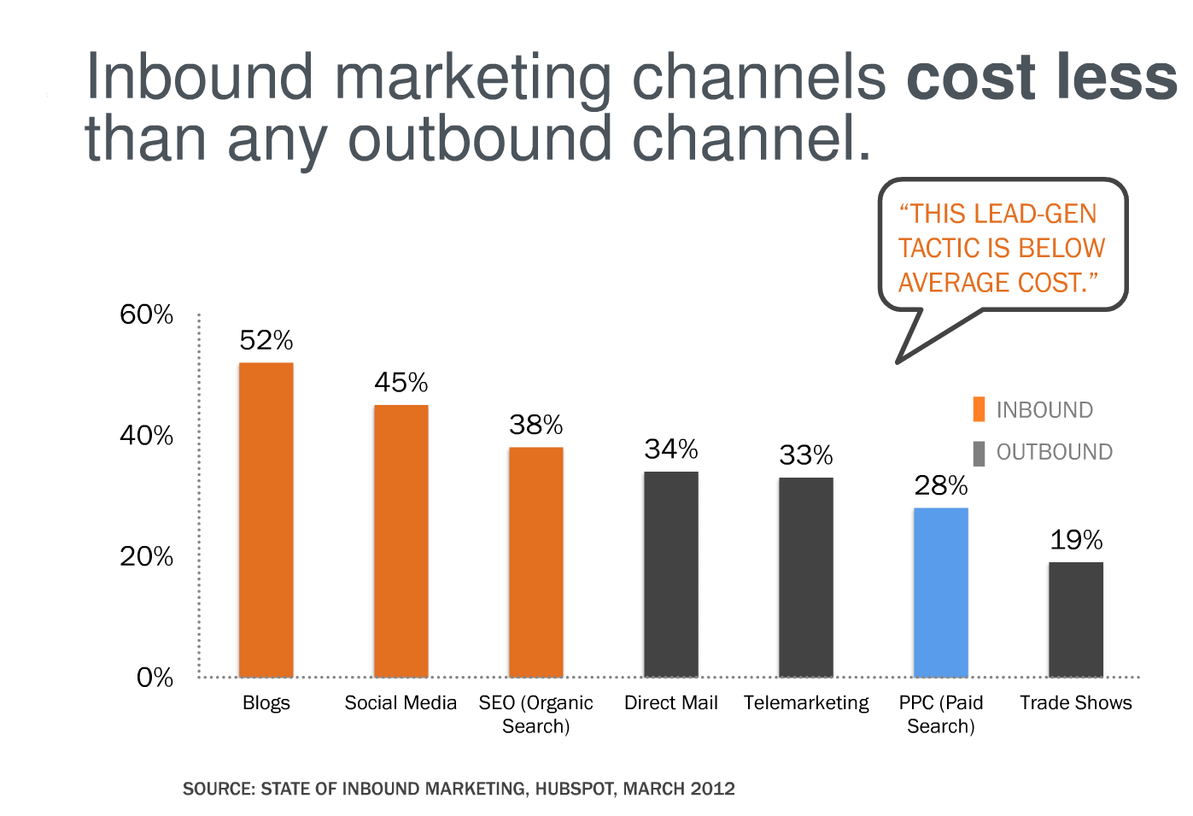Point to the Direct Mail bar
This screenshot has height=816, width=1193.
pos(670,573)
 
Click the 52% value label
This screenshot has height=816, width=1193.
pos(266,341)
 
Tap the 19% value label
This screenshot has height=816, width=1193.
pos(1076,540)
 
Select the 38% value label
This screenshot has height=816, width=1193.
pos(535,425)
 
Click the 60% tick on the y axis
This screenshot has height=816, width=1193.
pos(146,314)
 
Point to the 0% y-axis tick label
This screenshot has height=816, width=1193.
pos(155,678)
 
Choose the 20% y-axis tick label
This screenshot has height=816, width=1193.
pos(146,556)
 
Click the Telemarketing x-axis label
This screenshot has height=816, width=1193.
pos(805,702)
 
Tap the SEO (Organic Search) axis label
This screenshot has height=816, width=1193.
pos(535,714)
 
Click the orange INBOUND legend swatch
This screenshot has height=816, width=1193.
pos(979,409)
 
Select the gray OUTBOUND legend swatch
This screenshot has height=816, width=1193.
pos(979,453)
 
